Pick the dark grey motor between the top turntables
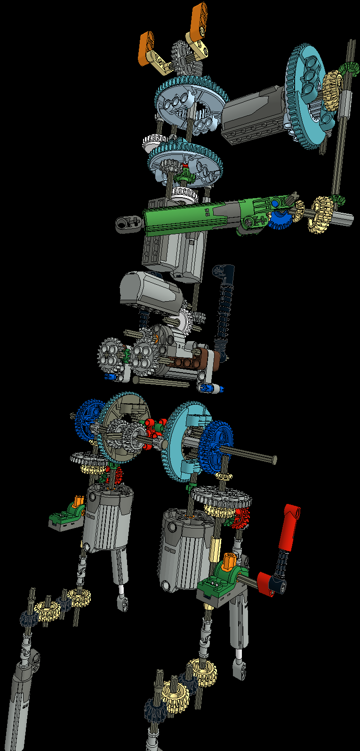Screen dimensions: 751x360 254,113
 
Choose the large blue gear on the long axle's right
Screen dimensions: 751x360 216,445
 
